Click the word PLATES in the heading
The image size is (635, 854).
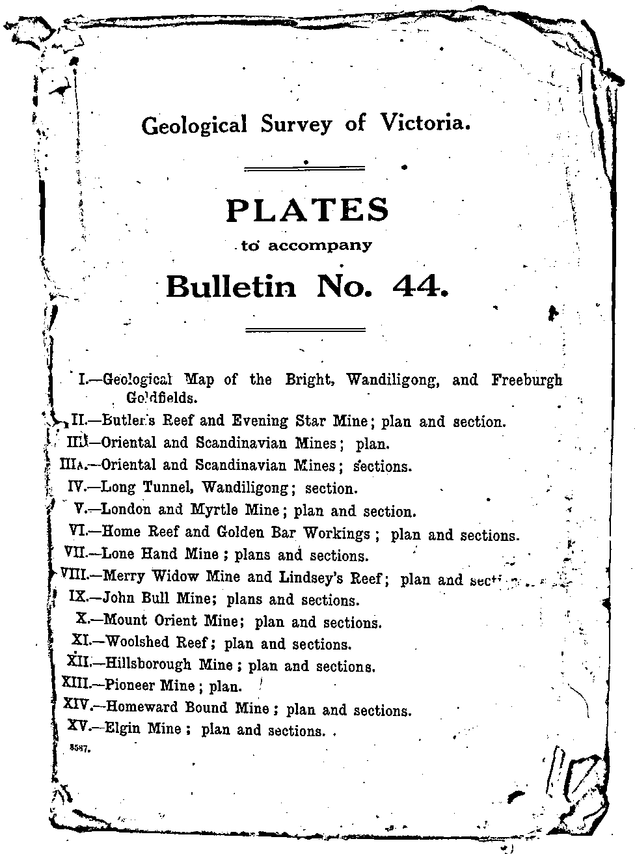click(x=307, y=210)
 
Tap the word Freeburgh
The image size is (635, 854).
click(x=526, y=380)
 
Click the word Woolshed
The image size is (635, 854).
click(x=139, y=642)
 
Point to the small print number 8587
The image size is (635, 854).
click(x=79, y=749)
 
